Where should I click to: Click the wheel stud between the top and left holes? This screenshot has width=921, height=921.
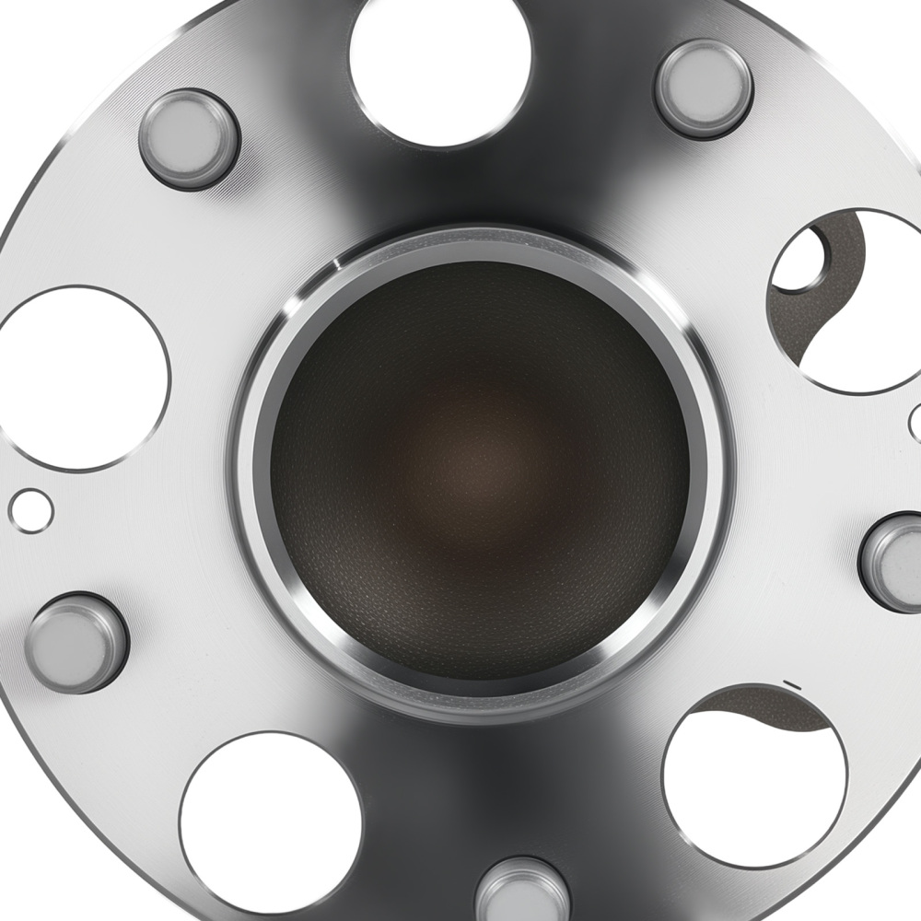point(189,138)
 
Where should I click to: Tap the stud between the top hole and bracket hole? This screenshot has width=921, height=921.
point(704,88)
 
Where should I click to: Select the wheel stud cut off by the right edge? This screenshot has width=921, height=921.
point(893,562)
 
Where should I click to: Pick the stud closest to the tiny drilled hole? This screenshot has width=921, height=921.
point(76,642)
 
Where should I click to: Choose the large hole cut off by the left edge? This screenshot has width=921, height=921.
point(78,378)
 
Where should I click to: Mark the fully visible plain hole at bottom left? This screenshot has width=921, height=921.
point(270,822)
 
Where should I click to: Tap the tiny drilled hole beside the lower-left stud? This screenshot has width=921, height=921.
point(31,510)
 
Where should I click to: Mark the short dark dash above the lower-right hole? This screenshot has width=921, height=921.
point(788,683)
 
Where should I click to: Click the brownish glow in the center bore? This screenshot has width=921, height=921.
point(479,460)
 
